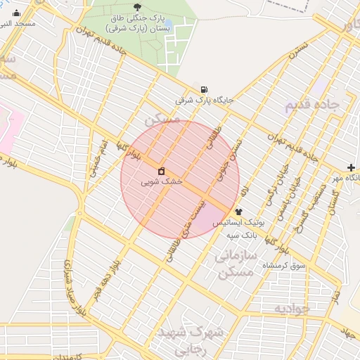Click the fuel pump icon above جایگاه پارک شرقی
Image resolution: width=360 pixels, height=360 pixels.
point(204,89)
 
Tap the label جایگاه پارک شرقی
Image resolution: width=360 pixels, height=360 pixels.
point(204,101)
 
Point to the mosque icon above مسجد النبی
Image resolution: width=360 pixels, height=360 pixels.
point(16,13)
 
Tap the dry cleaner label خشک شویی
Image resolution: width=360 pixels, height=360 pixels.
point(161,181)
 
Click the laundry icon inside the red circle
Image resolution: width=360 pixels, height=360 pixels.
point(161,171)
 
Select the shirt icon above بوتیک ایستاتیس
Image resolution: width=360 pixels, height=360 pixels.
point(238,211)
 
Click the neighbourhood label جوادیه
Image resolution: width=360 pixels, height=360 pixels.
point(292,309)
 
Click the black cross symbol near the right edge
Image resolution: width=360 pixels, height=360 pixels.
point(351,167)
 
